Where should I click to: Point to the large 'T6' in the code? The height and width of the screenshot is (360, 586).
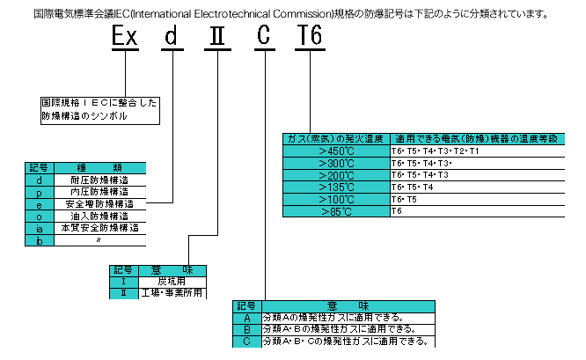click(x=312, y=38)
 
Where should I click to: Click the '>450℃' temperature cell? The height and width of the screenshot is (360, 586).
click(x=335, y=151)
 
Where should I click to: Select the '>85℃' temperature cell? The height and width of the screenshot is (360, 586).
click(x=335, y=211)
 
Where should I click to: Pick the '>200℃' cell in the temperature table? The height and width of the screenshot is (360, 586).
click(x=335, y=175)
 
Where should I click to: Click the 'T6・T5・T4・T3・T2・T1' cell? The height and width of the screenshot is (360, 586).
click(x=476, y=151)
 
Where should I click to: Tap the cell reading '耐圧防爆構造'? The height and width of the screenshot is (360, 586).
click(x=99, y=179)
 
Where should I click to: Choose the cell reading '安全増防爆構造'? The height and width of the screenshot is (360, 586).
click(x=99, y=203)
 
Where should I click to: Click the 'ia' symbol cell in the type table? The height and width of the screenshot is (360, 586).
click(x=40, y=227)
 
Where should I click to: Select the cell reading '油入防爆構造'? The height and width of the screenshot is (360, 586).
click(x=99, y=216)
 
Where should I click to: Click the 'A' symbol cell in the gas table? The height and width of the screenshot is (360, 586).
click(x=247, y=318)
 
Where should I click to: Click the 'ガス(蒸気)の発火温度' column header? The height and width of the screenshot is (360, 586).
click(x=335, y=138)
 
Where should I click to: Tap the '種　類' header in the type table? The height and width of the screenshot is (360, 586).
click(x=99, y=167)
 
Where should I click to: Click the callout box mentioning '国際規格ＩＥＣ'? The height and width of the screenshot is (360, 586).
click(x=99, y=109)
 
